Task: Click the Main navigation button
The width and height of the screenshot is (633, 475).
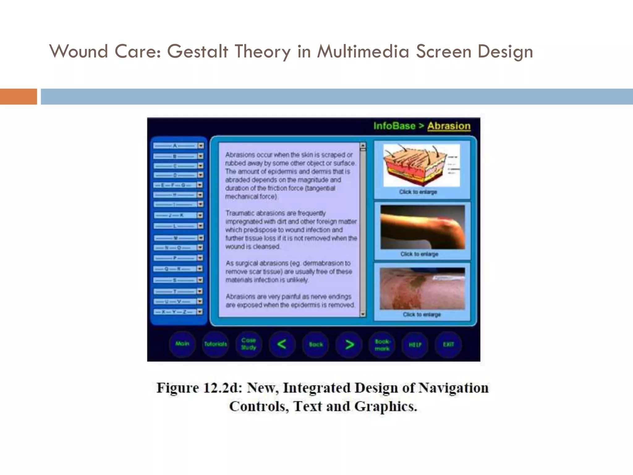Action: click(x=182, y=344)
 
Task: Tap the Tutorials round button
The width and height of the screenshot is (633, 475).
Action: click(x=215, y=344)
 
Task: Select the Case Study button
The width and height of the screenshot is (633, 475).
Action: click(x=249, y=344)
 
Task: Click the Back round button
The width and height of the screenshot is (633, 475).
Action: click(x=316, y=344)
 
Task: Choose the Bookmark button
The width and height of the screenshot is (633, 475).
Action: click(x=382, y=344)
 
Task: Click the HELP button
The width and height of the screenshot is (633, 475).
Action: click(x=415, y=344)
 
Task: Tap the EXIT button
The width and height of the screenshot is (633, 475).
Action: click(x=448, y=344)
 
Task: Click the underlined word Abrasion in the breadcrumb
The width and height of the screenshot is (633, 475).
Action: click(x=449, y=126)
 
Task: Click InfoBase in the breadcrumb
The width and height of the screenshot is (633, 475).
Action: click(x=394, y=126)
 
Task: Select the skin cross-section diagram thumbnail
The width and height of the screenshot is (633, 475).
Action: click(x=422, y=165)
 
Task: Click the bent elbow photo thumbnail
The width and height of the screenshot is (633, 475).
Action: click(x=423, y=227)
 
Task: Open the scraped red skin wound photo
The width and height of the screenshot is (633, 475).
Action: click(x=422, y=288)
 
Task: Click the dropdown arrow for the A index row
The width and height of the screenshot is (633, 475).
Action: click(x=201, y=146)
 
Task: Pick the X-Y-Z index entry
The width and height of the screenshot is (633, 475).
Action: click(x=175, y=312)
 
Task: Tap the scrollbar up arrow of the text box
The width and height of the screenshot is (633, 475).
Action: click(x=363, y=145)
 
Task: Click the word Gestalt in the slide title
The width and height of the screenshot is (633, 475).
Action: click(x=198, y=51)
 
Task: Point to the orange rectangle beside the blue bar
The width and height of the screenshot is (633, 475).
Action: click(x=18, y=96)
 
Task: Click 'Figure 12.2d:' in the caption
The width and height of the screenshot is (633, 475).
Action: click(x=199, y=388)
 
